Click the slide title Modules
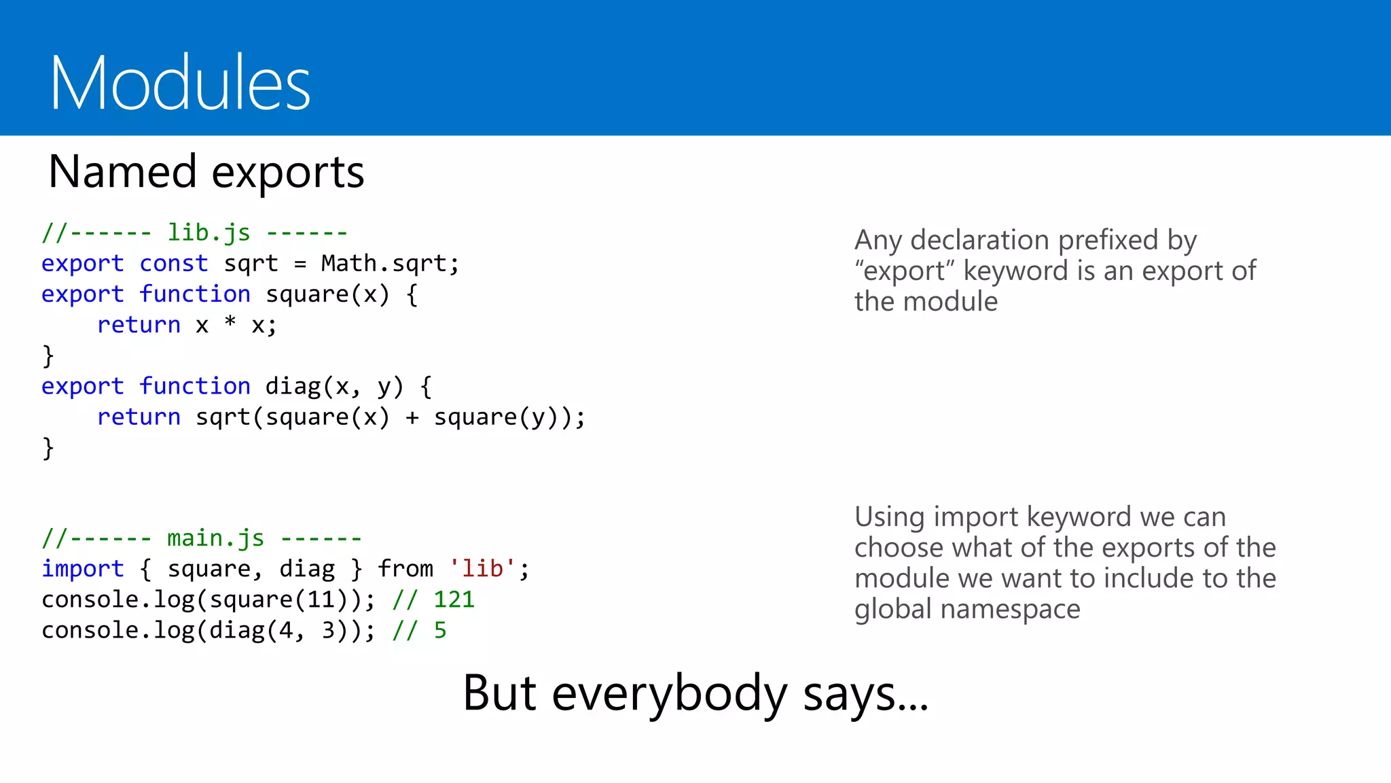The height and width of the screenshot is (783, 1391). pyautogui.click(x=180, y=83)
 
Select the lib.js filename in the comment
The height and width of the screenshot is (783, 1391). pyautogui.click(x=209, y=232)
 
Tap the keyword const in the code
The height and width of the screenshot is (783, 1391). pyautogui.click(x=173, y=263)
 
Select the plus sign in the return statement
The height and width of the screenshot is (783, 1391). pyautogui.click(x=412, y=417)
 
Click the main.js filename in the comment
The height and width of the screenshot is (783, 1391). pyautogui.click(x=215, y=538)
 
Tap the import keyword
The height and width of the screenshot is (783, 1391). pyautogui.click(x=82, y=569)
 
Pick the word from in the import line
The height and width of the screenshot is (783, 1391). pyautogui.click(x=405, y=568)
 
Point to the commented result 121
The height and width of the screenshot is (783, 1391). pyautogui.click(x=454, y=599)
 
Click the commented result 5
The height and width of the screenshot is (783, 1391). pyautogui.click(x=440, y=630)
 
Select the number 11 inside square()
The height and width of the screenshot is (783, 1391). pyautogui.click(x=321, y=599)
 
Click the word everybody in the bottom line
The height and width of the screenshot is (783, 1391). pyautogui.click(x=669, y=693)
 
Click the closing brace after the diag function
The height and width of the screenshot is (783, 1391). pyautogui.click(x=48, y=448)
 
